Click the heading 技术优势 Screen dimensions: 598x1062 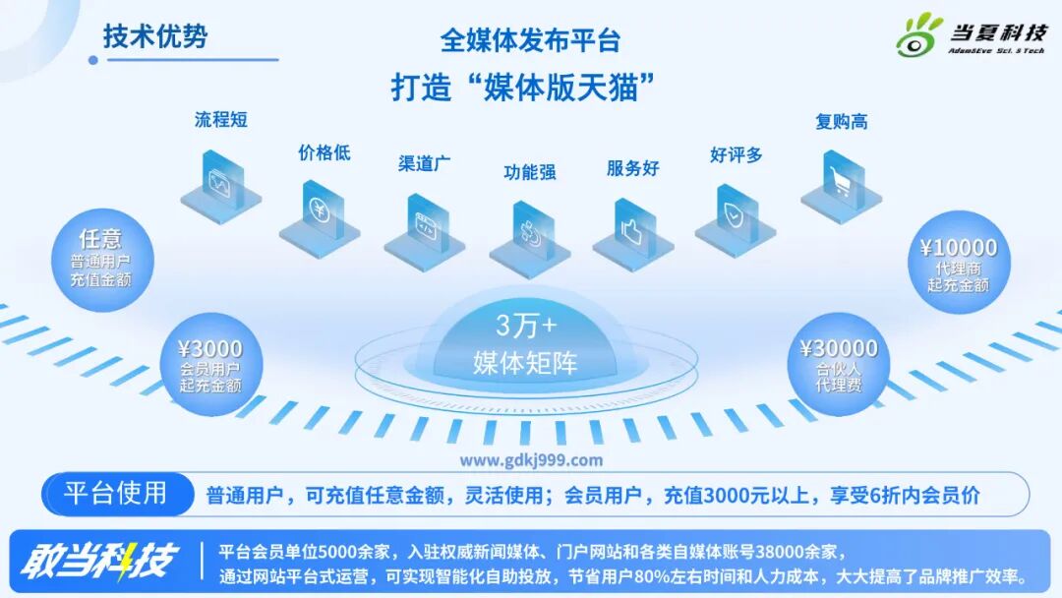155,36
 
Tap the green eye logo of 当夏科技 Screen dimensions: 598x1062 919,36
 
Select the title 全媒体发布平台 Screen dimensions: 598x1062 530,40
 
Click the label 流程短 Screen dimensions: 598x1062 220,120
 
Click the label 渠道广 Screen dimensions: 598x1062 424,163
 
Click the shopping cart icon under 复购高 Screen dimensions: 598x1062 840,183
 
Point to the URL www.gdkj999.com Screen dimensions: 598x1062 531,459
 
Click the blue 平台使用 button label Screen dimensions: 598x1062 115,493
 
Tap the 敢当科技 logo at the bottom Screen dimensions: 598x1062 98,562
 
